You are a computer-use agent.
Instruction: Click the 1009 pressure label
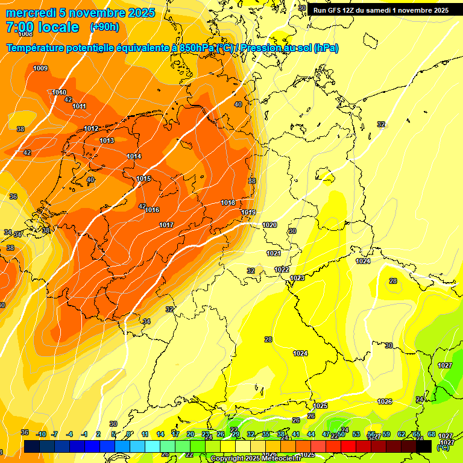40,68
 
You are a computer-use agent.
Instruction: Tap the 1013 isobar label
107,140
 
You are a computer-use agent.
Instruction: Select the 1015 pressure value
143,178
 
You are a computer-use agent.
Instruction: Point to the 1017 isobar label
166,225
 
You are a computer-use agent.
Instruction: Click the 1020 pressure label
269,225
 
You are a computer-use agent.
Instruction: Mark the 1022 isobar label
282,269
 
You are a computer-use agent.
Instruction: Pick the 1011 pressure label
79,106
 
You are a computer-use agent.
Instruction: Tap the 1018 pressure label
228,203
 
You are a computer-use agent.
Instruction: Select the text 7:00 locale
42,27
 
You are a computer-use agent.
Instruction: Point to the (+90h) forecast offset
104,27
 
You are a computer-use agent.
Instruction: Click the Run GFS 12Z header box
381,10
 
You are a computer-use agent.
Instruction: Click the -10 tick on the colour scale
41,434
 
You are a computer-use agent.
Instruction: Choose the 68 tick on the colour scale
431,434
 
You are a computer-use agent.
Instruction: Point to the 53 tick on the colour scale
356,434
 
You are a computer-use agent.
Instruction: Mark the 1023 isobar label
297,278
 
